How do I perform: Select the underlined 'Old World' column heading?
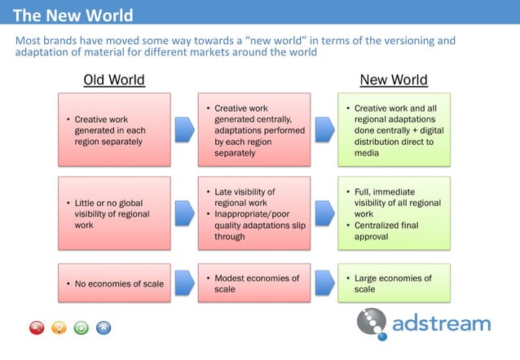(114, 80)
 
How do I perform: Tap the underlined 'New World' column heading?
(394, 80)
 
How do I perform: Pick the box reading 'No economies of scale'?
(114, 284)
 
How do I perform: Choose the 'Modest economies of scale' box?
(253, 283)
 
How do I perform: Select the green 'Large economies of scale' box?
(393, 283)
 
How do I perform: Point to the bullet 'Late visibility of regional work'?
(249, 197)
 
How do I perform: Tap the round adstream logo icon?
(372, 323)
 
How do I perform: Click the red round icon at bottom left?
(37, 328)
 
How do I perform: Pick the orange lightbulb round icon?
(59, 328)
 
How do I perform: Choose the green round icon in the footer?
(81, 328)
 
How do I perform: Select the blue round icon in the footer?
(103, 328)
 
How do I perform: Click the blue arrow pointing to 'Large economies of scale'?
(324, 283)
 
